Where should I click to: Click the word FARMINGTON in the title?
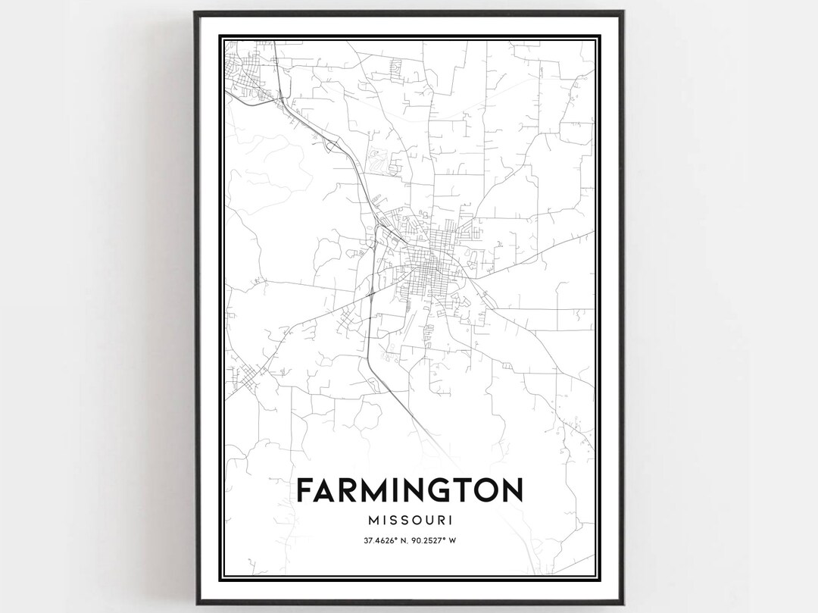click(409, 491)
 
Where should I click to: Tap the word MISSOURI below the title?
click(409, 521)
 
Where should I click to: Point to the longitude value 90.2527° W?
click(437, 540)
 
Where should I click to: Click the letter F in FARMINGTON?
click(305, 491)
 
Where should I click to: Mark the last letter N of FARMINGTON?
click(510, 491)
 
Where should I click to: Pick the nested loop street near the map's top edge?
click(395, 69)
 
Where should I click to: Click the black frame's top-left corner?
click(195, 13)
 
